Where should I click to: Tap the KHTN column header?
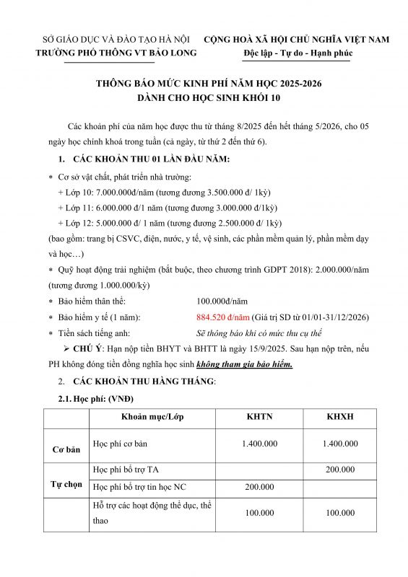[259, 418]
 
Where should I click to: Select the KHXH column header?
[339, 418]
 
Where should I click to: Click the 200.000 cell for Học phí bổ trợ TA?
[339, 470]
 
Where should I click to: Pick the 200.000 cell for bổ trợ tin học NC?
[259, 488]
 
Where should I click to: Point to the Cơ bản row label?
[66, 449]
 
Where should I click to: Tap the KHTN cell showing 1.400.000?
[259, 444]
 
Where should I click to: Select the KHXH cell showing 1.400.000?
[339, 444]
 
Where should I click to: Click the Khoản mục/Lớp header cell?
[150, 418]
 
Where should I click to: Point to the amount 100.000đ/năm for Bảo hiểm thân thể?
[222, 301]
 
